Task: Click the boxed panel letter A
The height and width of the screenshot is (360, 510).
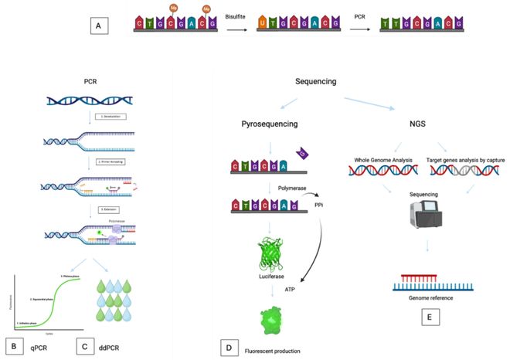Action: [97, 26]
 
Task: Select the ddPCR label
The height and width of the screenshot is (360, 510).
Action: [113, 348]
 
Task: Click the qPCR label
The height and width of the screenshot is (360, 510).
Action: [39, 348]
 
